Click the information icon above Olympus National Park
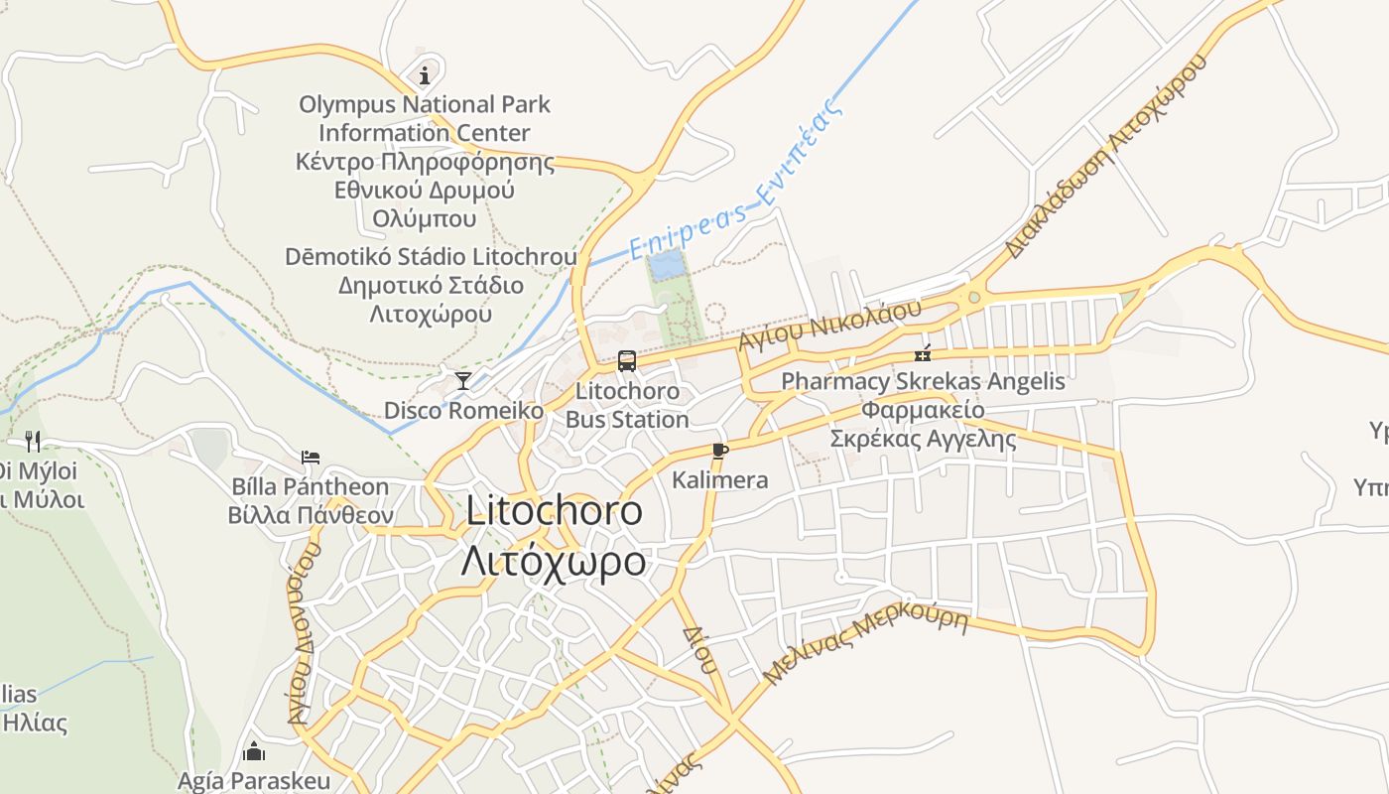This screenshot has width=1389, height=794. (x=425, y=75)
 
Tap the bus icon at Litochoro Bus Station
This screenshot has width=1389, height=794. (x=627, y=361)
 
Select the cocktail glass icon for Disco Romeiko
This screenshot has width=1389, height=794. (x=463, y=380)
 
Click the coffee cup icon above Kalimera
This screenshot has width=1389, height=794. (x=720, y=451)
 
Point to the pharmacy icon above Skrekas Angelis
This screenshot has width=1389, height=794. (x=923, y=353)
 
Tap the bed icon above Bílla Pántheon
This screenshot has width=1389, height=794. (x=311, y=458)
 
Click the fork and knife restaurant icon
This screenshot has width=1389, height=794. (x=33, y=441)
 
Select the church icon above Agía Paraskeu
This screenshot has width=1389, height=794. (x=254, y=751)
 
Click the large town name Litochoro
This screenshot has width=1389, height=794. (x=554, y=511)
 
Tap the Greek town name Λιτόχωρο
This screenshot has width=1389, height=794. (x=554, y=562)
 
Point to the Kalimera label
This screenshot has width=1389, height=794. (x=720, y=480)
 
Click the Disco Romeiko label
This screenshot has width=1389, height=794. (x=463, y=410)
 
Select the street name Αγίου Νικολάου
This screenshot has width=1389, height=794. (x=830, y=324)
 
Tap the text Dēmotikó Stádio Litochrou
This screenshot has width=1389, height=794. (x=431, y=257)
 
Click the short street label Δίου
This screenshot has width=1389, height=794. (x=697, y=649)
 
